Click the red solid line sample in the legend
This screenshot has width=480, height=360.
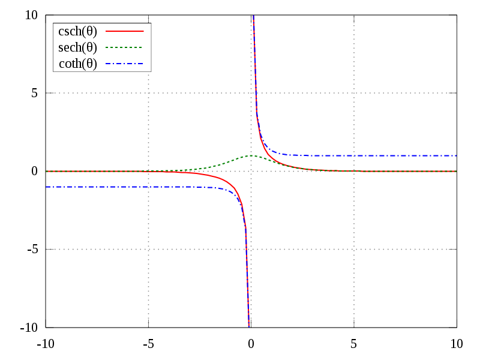coord(125,31)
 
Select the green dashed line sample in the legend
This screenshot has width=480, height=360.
coord(125,47)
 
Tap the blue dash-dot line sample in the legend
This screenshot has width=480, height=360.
coord(125,64)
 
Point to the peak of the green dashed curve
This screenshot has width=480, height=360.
coord(251,155)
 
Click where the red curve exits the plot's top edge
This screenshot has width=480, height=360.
coord(253,16)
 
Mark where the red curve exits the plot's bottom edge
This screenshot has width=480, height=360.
coord(248,326)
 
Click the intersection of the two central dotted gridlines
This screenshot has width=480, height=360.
coord(251,171)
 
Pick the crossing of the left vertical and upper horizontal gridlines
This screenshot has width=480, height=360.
coord(148,93)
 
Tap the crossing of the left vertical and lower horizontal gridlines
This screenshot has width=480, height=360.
coord(148,249)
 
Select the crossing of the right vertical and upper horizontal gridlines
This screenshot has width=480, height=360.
coord(354,93)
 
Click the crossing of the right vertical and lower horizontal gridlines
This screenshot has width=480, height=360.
coord(354,249)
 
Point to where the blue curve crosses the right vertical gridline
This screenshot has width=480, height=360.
coord(354,155)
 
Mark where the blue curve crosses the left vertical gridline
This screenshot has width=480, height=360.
coord(148,187)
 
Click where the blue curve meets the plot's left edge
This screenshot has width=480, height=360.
coord(46,187)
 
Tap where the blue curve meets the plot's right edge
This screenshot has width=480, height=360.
coord(457,155)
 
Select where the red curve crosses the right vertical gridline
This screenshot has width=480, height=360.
coord(354,171)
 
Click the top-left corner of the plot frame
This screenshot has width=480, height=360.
coord(46,15)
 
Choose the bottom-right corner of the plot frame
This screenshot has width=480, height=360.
coord(457,327)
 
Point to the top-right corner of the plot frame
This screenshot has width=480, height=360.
coord(457,15)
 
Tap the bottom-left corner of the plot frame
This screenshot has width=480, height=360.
coord(46,327)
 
